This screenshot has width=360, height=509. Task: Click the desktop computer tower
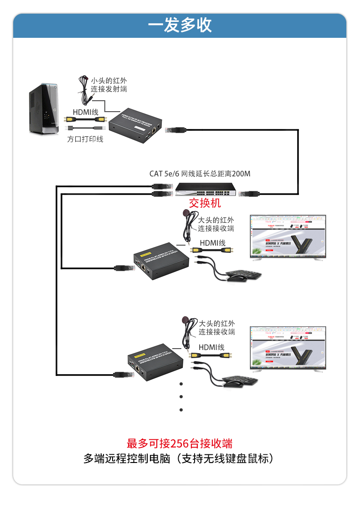pyautogui.click(x=45, y=109)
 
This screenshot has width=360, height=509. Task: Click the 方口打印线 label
pyautogui.click(x=85, y=139)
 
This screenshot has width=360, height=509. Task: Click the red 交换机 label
pyautogui.click(x=205, y=203)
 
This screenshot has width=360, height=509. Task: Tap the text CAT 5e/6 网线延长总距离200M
pyautogui.click(x=200, y=174)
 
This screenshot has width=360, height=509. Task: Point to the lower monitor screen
pyautogui.click(x=288, y=347)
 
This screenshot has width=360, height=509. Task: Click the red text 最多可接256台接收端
pyautogui.click(x=180, y=443)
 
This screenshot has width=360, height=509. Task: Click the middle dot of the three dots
pyautogui.click(x=181, y=396)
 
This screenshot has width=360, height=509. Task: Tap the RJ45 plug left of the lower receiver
pyautogui.click(x=121, y=375)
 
